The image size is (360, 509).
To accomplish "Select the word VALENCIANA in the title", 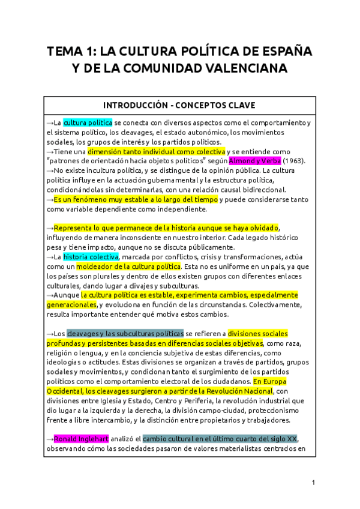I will [239, 69].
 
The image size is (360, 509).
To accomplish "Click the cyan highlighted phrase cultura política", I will [88, 123].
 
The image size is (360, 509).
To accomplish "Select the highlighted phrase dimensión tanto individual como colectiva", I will [157, 152].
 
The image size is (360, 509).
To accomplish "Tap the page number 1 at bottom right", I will [313, 483].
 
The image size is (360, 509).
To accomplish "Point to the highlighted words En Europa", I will [269, 381].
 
